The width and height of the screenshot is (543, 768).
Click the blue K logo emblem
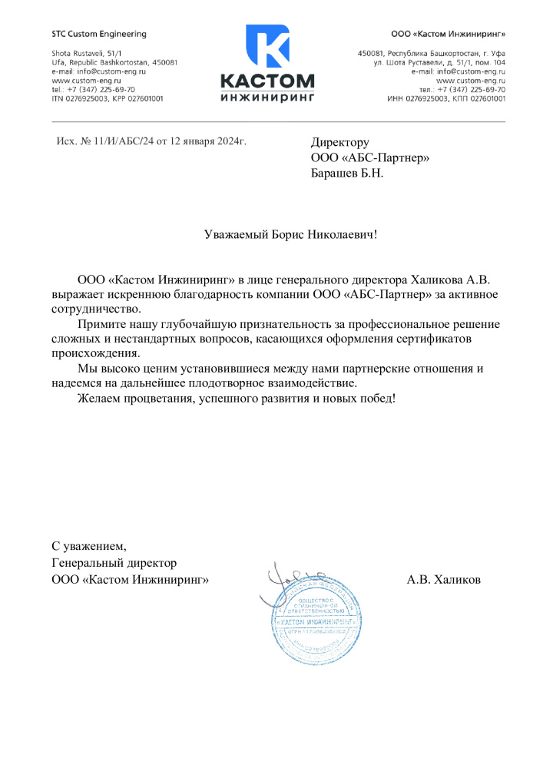(x=267, y=47)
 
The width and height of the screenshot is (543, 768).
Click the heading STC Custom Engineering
(x=98, y=35)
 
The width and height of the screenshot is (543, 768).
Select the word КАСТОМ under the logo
(x=267, y=81)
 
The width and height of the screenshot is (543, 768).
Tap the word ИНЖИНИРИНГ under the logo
(x=267, y=98)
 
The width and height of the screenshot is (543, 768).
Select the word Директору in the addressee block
(x=339, y=142)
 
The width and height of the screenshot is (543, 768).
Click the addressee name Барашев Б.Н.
(x=346, y=173)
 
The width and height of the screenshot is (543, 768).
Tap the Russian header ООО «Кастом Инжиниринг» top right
(x=448, y=35)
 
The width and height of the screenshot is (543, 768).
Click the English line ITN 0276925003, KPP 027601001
(x=107, y=98)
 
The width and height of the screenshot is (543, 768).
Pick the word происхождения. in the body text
(x=96, y=354)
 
